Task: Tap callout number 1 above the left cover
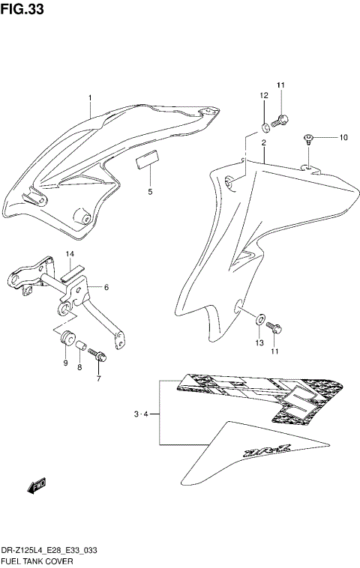point(90,98)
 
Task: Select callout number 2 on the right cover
point(263,142)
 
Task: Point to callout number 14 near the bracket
point(70,254)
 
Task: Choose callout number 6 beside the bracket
point(106,287)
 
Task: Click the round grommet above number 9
point(65,334)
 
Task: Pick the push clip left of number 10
point(308,137)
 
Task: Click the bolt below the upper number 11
point(282,118)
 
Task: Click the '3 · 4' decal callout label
point(142,413)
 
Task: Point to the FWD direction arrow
point(37,488)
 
